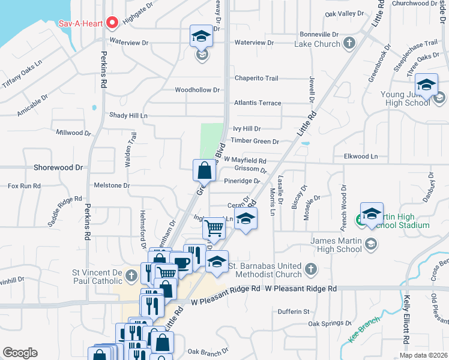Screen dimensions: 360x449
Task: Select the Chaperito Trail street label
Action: click(x=256, y=78)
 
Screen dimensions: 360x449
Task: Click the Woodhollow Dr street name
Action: click(x=197, y=90)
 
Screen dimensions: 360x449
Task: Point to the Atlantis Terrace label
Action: click(x=258, y=103)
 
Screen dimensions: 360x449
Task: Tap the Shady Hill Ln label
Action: click(x=128, y=115)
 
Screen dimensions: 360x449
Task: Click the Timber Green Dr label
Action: click(x=255, y=142)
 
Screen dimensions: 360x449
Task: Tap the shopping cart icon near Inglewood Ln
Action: click(x=214, y=228)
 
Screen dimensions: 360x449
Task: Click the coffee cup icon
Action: click(x=181, y=262)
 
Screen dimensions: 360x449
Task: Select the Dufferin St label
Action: click(x=294, y=312)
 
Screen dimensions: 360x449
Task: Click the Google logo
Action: click(x=20, y=353)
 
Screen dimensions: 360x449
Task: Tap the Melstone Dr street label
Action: click(x=112, y=186)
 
